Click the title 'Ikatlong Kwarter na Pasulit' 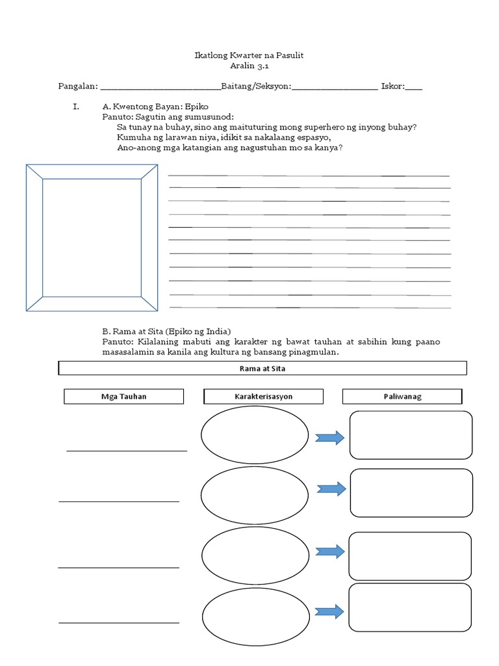coord(249,56)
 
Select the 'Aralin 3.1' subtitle coord(249,66)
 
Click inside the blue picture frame coord(92,237)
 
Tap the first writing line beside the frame coord(309,175)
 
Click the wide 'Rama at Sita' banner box coord(262,369)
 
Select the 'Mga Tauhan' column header coord(123,397)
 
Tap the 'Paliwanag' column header coord(402,397)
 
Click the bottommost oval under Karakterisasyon coord(255,615)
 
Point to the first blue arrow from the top coord(329,438)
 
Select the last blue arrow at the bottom coord(329,611)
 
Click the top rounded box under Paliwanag coord(411,435)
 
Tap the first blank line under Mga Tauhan coord(127,450)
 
